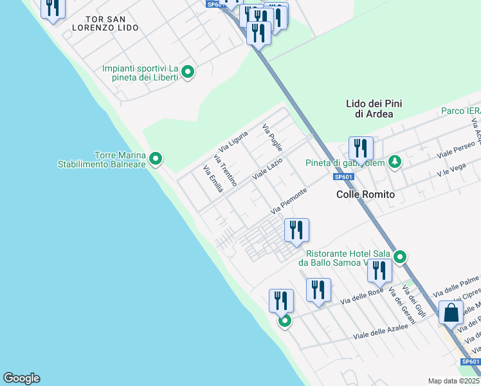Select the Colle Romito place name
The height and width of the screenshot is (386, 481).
pyautogui.click(x=365, y=194)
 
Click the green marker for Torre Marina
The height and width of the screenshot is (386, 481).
pyautogui.click(x=155, y=158)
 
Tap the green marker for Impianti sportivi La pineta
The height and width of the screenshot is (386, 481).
pyautogui.click(x=188, y=71)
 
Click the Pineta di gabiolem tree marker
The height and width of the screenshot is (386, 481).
pyautogui.click(x=397, y=162)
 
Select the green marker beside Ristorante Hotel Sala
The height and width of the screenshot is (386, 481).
pyautogui.click(x=400, y=257)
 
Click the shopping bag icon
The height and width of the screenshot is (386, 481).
pyautogui.click(x=451, y=313)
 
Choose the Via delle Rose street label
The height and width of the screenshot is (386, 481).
pyautogui.click(x=362, y=297)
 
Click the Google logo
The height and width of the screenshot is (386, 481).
pyautogui.click(x=21, y=378)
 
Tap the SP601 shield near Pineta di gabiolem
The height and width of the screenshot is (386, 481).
pyautogui.click(x=343, y=177)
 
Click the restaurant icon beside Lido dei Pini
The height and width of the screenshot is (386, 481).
pyautogui.click(x=361, y=149)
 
